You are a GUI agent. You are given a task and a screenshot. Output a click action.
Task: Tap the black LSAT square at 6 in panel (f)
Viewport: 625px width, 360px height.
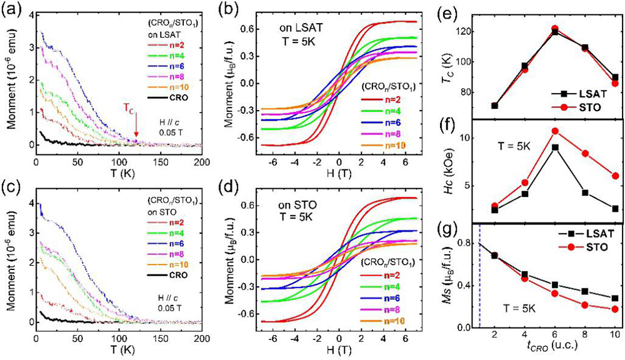coord(555,147)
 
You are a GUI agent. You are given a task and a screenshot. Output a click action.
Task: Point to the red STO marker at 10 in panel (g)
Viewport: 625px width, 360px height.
coord(616,309)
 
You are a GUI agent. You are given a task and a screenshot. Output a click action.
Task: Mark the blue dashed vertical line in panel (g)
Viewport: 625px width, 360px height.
coord(479,275)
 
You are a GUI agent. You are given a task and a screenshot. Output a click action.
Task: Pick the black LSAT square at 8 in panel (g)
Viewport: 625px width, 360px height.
coord(585,291)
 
